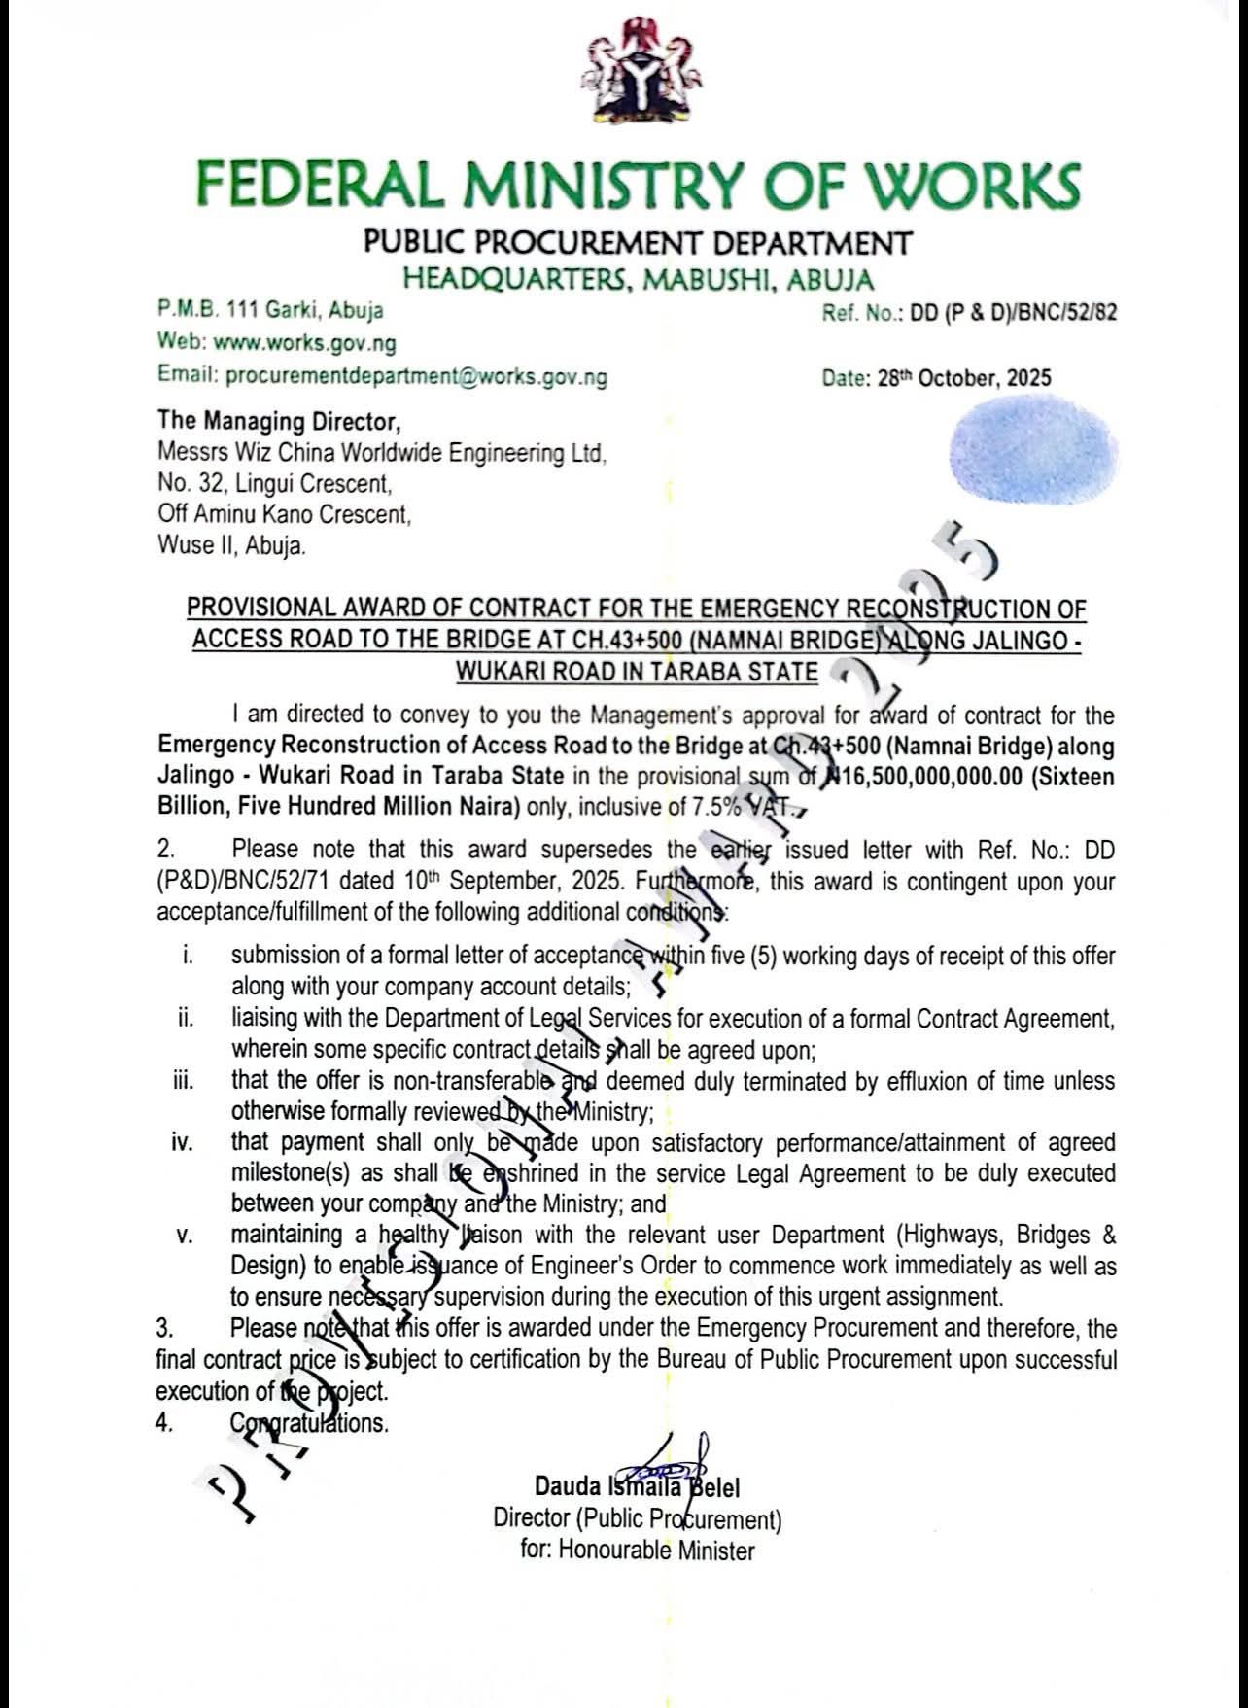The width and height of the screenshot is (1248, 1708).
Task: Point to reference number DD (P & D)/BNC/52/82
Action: pyautogui.click(x=1012, y=313)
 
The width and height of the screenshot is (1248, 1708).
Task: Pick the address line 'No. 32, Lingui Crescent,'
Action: pyautogui.click(x=275, y=483)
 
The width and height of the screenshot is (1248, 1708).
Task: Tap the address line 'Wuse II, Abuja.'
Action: pyautogui.click(x=231, y=545)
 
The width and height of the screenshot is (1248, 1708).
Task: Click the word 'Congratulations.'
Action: pyautogui.click(x=309, y=1423)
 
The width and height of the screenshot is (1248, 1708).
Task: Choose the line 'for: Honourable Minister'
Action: pyautogui.click(x=637, y=1550)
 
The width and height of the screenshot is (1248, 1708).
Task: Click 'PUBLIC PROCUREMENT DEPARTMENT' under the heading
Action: pyautogui.click(x=638, y=242)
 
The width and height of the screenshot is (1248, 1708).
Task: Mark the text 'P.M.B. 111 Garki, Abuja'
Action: pyautogui.click(x=270, y=311)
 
